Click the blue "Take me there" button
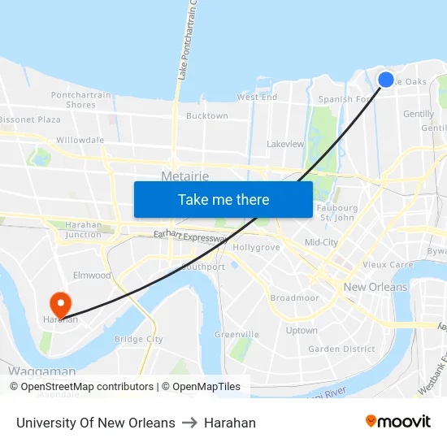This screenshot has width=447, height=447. pos(223,199)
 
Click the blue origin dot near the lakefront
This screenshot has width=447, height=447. pos(386,79)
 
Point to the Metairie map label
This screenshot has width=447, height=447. pos(184,176)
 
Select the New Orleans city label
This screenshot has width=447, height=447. pos(375,287)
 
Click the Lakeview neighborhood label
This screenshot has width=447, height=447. pos(285,144)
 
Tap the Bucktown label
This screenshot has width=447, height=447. pos(207,116)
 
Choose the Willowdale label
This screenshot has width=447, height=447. pos(80,140)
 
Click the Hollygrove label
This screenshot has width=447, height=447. pos(256,247)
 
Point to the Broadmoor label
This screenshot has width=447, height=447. pos(294,298)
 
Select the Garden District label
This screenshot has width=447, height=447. pos(341,349)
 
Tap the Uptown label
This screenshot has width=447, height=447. pos(302,331)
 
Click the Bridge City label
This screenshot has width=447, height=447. pos(138,339)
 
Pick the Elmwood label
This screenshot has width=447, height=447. pos(92,276)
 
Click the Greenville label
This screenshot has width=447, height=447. pos(237,334)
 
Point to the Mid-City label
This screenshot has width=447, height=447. pos(321,242)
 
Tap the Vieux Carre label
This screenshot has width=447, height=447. pos(388,264)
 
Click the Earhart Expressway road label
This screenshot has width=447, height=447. pos(190,237)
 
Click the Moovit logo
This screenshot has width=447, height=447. pos(398,422)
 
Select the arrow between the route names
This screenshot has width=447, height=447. pos(189,423)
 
